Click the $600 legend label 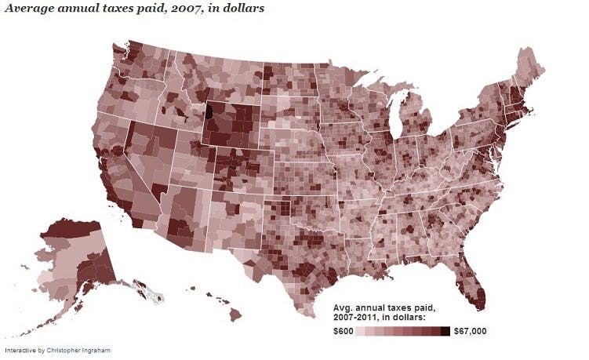click(342, 331)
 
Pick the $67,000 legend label click(471, 331)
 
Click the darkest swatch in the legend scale click(445, 331)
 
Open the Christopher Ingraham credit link click(77, 350)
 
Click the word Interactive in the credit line click(19, 350)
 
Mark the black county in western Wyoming click(208, 110)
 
